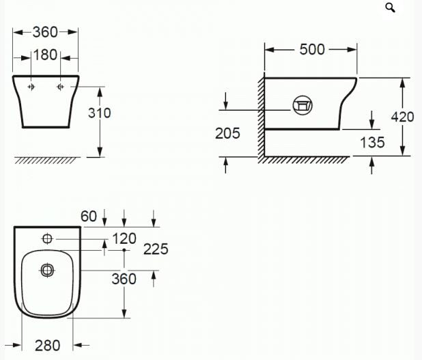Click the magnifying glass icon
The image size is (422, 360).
coord(390,8)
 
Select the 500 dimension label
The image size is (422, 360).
coord(312,50)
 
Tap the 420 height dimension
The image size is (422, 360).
coord(402,117)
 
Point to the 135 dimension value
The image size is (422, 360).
coord(372,143)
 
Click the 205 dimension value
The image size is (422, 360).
coord(227,133)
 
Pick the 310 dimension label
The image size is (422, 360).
coord(99,113)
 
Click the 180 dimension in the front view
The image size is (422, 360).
coord(45,55)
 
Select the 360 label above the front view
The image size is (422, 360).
coord(45,32)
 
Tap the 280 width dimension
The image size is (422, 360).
coord(47,346)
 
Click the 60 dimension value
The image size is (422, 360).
coord(89,217)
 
